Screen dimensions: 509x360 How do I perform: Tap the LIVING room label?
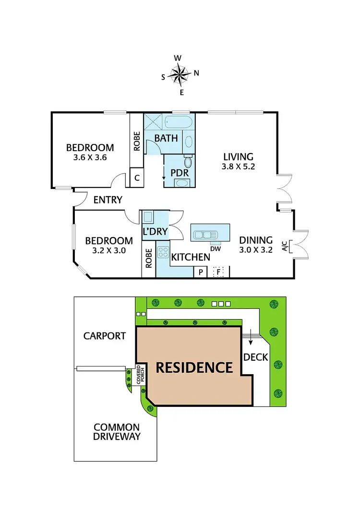(x=238, y=156)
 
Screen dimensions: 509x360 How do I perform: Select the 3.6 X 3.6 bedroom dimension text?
(x=90, y=157)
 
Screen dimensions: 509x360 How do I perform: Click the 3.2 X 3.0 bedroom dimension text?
(x=109, y=250)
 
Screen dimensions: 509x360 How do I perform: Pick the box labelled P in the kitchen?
(x=200, y=272)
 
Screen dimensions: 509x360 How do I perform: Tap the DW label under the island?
(x=215, y=249)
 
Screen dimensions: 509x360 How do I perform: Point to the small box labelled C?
(x=137, y=178)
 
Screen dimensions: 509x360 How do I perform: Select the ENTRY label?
(x=108, y=200)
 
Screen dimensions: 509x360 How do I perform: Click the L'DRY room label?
(x=155, y=231)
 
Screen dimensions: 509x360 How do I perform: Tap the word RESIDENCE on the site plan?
(x=194, y=367)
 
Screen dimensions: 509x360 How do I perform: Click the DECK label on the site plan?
(x=252, y=357)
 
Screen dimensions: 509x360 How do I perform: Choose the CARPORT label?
(x=105, y=336)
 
